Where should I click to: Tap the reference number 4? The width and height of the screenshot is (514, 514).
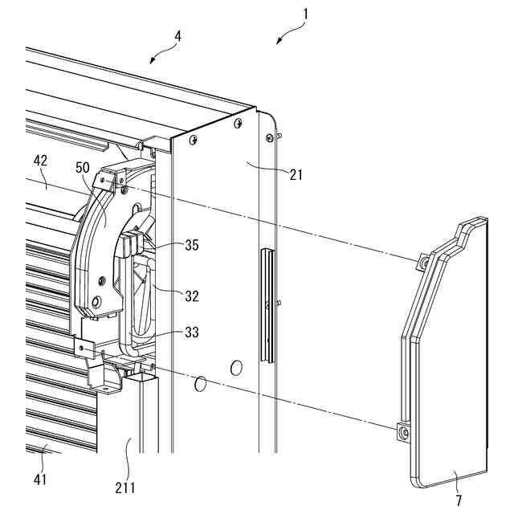tap(178, 38)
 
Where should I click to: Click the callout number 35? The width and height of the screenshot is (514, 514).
tap(191, 247)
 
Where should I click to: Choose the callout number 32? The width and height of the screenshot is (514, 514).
tap(191, 296)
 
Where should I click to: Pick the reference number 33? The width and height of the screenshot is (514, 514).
tap(191, 331)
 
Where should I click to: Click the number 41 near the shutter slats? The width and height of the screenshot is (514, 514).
tap(40, 479)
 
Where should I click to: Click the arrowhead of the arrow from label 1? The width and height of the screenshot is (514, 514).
tap(277, 43)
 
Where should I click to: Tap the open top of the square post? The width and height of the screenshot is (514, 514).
tap(145, 375)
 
